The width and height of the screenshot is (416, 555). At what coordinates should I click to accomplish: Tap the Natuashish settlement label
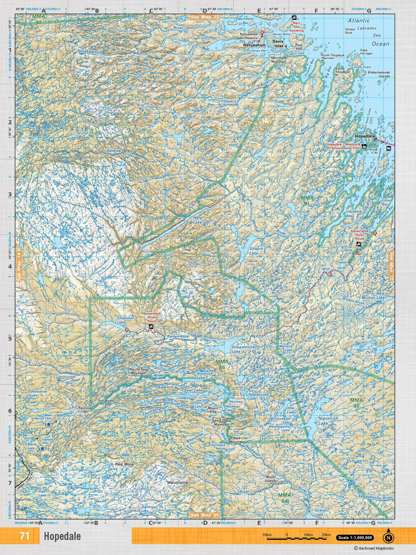click(254, 45)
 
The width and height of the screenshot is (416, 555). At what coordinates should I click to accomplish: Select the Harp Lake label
click(197, 220)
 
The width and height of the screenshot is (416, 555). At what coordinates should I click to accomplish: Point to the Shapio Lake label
click(256, 251)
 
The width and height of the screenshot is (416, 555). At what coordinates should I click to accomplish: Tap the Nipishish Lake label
click(328, 421)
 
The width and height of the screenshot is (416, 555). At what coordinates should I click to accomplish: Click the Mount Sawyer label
click(271, 479)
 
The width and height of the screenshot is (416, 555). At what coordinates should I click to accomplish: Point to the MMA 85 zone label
click(222, 364)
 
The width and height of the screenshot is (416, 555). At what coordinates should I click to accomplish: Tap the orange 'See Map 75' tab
click(205, 17)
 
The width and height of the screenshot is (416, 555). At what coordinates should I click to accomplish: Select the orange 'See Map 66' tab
click(205, 515)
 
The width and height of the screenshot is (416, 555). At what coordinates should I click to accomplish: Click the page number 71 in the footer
click(25, 536)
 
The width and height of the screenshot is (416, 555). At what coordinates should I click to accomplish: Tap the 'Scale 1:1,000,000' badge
click(354, 538)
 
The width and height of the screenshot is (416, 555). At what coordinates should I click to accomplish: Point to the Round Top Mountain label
click(138, 371)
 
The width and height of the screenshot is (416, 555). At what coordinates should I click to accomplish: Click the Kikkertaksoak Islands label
click(379, 74)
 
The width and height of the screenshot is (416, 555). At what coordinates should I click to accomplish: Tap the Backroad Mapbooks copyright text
click(373, 548)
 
